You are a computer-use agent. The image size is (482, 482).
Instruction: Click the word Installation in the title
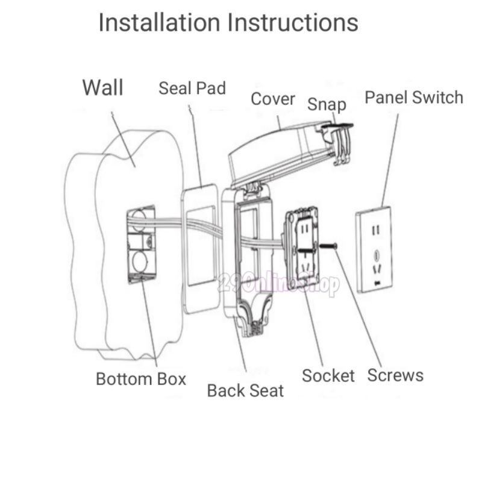[159, 23]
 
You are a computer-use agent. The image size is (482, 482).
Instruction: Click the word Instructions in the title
[293, 23]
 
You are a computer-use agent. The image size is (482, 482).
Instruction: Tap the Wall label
[102, 87]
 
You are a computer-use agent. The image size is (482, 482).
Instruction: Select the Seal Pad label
[192, 88]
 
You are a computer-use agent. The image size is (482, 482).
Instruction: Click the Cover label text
[273, 99]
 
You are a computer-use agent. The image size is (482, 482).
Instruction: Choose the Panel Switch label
[414, 97]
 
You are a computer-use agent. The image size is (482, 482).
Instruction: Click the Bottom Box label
[141, 379]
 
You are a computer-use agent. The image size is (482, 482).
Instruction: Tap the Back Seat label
[245, 390]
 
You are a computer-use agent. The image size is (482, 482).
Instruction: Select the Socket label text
[328, 376]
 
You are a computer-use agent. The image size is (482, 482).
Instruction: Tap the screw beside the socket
[328, 246]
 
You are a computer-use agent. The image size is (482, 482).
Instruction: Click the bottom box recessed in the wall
[140, 243]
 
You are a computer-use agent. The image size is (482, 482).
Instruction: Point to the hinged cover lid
[277, 151]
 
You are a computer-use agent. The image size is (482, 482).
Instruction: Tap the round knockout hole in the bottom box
[139, 262]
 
